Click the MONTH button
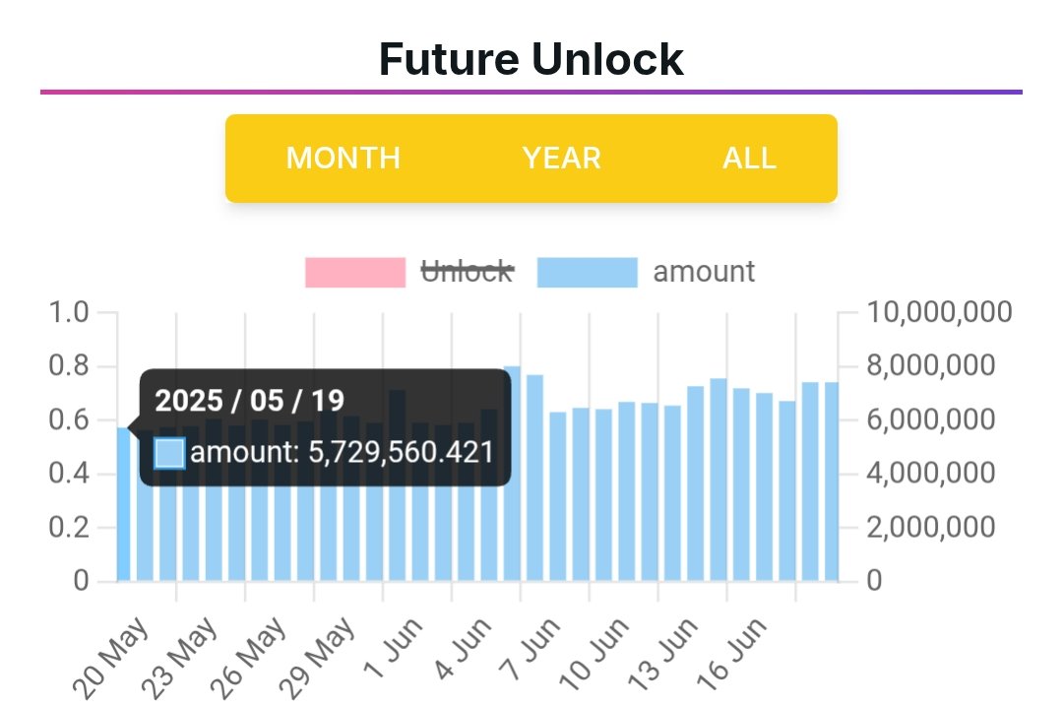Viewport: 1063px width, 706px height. point(343,159)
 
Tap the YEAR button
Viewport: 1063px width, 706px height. point(561,159)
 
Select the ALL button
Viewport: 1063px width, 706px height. point(749,159)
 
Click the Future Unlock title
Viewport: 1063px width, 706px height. point(531,59)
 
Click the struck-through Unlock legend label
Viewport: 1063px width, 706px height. point(468,272)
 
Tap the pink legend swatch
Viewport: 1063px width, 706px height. point(355,273)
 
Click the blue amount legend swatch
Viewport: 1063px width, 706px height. point(588,273)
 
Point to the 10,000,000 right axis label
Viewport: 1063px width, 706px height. point(940,313)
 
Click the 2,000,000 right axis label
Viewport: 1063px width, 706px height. point(932,528)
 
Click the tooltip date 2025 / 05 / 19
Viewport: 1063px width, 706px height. point(250,401)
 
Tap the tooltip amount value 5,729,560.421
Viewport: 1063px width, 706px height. point(342,453)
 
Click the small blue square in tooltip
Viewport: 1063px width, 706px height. point(169,453)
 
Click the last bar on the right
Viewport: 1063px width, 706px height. point(832,482)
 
